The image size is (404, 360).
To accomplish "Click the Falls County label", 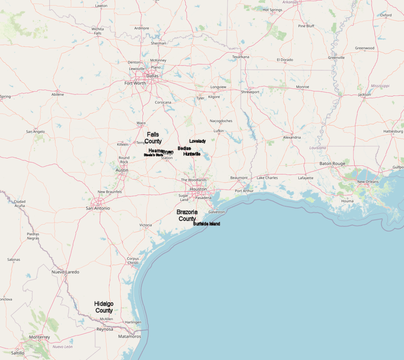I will click(x=153, y=138).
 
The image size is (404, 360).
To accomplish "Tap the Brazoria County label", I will click(x=187, y=215).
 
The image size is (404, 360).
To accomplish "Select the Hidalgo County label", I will click(x=104, y=307).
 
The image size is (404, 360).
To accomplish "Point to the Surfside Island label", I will click(x=206, y=224).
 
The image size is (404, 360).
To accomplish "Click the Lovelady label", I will click(x=197, y=141).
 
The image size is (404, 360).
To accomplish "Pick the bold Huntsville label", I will click(x=192, y=154).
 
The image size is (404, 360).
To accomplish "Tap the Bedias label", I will click(x=184, y=148).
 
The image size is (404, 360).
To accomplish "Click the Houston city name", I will click(x=198, y=189).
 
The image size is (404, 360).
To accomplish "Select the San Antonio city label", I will click(x=98, y=208).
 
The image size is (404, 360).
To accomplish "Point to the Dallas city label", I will click(x=152, y=76).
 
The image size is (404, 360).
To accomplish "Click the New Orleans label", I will click(x=368, y=182).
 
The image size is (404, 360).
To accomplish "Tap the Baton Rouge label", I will click(x=332, y=163).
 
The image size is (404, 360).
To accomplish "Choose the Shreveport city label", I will click(x=250, y=92).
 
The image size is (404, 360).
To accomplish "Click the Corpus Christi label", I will click(x=133, y=261).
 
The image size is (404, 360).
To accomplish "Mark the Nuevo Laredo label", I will click(x=65, y=272).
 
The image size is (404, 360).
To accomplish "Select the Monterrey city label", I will click(x=39, y=337).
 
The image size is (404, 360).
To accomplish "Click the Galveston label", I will click(x=217, y=212).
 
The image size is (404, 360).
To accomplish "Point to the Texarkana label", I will click(x=241, y=57).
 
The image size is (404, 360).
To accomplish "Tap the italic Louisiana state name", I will click(x=318, y=148).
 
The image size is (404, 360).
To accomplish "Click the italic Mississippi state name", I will click(x=380, y=86).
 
